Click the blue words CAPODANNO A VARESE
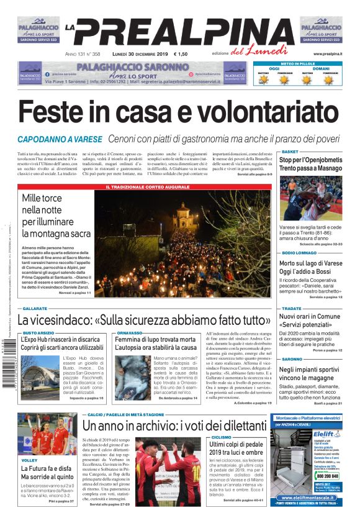[x=60, y=139]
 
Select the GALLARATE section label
[x=35, y=309]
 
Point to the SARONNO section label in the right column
[x=292, y=359]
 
